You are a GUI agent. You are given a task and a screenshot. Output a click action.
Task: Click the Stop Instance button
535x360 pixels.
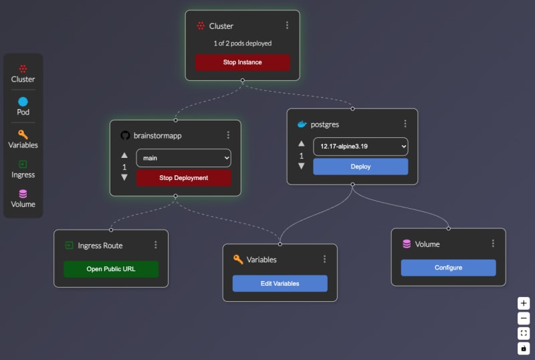[242, 62]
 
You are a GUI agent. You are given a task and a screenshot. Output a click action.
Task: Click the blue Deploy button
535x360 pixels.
[360, 167]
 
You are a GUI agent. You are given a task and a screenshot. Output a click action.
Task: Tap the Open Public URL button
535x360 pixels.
[111, 269]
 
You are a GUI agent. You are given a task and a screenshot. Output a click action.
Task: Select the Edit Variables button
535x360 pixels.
[280, 283]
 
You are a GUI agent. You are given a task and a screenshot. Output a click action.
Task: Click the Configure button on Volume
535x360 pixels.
[448, 268]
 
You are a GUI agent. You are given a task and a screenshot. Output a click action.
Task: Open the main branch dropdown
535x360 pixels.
[183, 158]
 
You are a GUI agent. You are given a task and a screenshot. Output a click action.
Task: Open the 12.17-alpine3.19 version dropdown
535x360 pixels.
[360, 146]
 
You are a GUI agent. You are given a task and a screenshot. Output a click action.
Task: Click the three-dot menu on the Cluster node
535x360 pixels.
[287, 25]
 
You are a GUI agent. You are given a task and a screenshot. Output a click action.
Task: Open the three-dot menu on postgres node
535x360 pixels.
[405, 124]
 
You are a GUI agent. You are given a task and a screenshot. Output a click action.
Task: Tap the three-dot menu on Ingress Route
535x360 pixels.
[156, 245]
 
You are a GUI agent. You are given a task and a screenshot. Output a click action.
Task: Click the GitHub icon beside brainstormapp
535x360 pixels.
[124, 135]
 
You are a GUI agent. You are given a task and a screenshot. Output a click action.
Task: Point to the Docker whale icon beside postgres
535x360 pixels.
[302, 124]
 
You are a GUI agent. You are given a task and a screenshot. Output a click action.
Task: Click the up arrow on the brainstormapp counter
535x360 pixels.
[124, 155]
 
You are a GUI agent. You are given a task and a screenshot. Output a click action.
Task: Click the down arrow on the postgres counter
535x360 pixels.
[301, 166]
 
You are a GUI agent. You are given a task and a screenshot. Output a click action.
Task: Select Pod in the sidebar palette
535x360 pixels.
[23, 106]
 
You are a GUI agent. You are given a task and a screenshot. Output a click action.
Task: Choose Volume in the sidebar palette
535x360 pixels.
[23, 198]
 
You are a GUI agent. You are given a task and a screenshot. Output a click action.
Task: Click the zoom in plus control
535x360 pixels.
[524, 302]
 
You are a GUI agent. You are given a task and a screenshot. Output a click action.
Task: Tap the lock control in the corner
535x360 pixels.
[524, 348]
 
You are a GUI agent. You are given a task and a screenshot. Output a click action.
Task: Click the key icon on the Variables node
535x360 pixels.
[237, 259]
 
